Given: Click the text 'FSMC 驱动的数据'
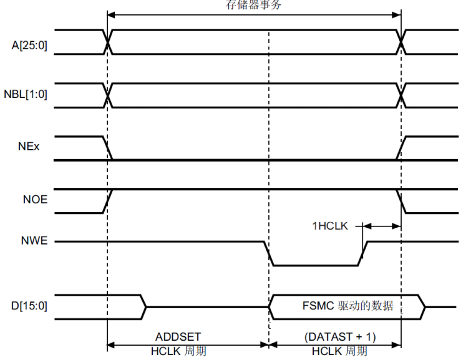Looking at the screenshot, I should click(347, 306).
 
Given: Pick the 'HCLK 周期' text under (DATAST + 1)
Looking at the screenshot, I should click(340, 351).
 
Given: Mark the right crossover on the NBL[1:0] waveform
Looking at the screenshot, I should click(401, 95).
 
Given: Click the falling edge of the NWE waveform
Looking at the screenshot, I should click(269, 253).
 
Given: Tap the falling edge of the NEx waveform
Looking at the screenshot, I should click(108, 148).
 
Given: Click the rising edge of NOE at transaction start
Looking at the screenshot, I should click(108, 201).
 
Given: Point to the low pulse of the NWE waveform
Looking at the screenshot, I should click(316, 265).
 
